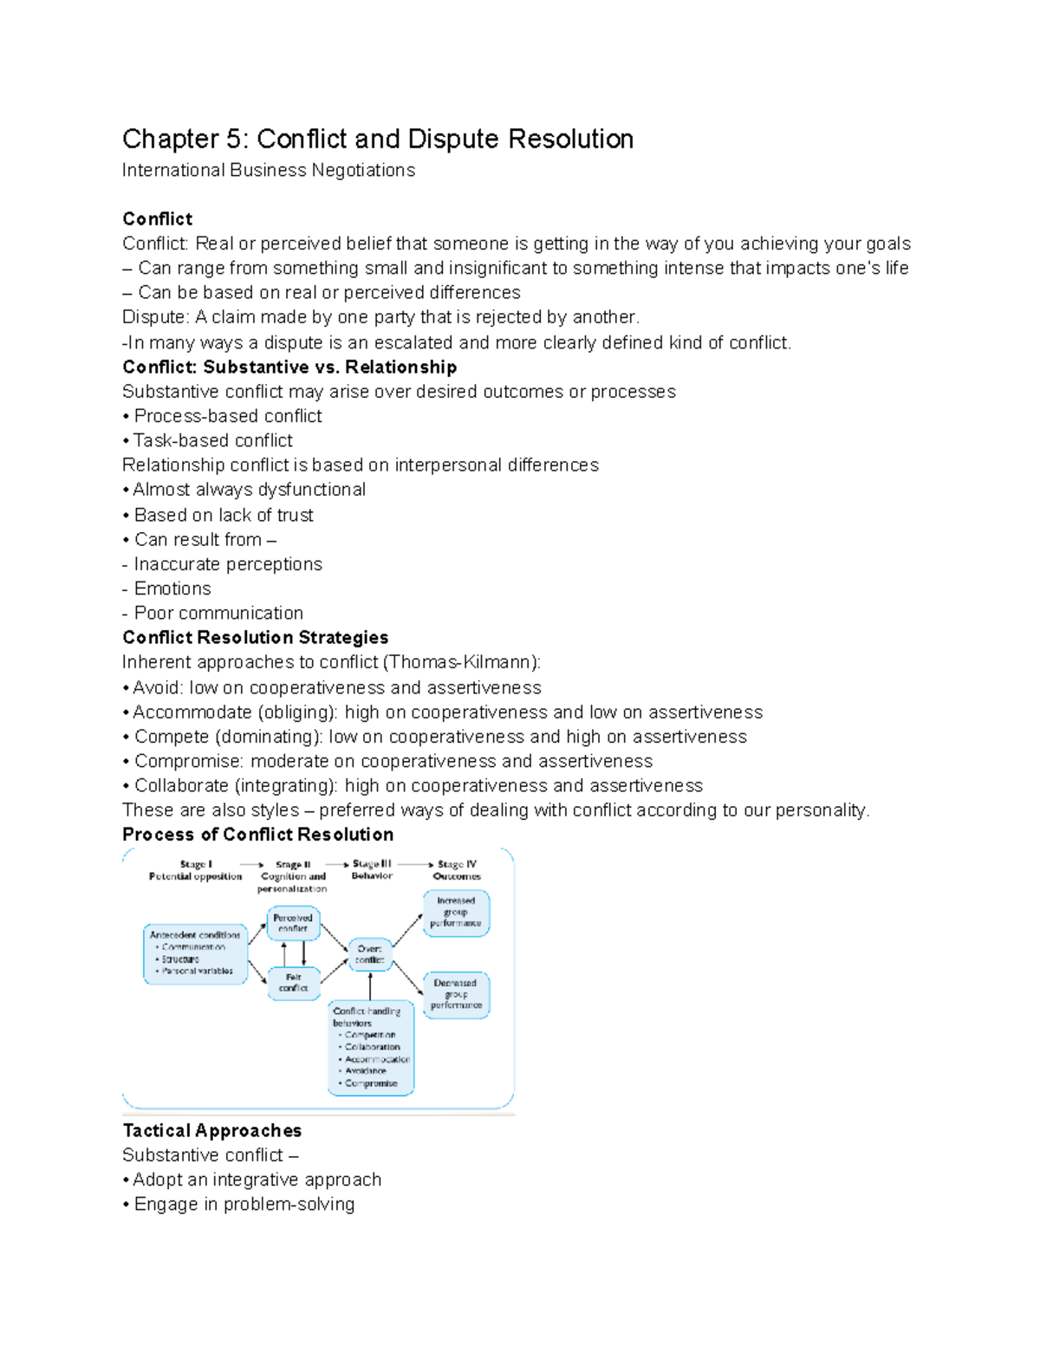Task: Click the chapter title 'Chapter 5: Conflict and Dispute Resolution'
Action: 378,139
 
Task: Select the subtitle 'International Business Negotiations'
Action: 269,170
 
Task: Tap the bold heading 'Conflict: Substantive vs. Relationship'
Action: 289,367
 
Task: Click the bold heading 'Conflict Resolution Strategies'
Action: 256,638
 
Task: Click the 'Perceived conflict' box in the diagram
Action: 293,922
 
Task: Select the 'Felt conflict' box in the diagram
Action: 294,983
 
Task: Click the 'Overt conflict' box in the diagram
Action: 369,954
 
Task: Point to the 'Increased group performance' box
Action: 456,913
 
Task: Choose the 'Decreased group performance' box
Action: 456,994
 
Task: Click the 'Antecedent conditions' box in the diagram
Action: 195,953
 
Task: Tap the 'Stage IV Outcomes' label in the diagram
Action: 457,870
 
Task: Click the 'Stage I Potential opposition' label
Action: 196,870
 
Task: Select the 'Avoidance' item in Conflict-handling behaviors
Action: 366,1071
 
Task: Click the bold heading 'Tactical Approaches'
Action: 212,1130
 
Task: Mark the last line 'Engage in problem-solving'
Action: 244,1205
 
